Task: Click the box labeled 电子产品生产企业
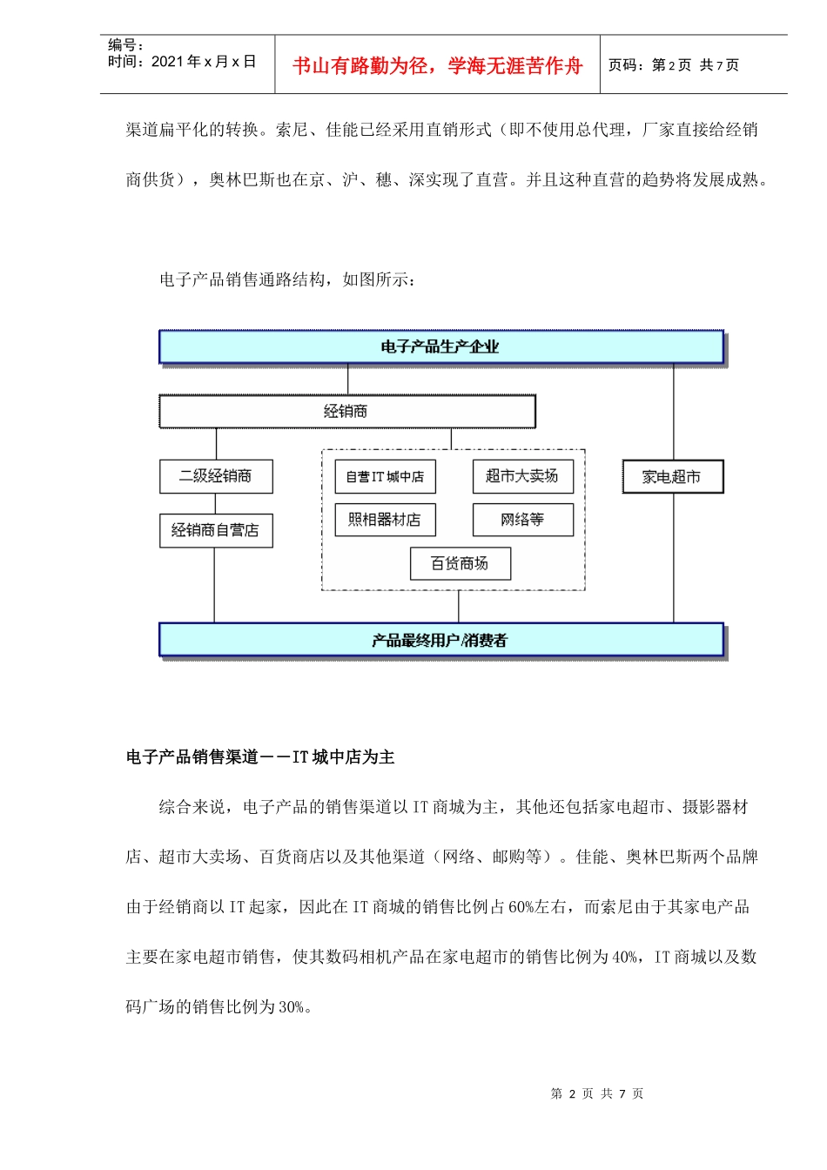click(440, 346)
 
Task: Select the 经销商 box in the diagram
click(346, 412)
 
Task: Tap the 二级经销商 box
click(216, 476)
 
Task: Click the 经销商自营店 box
click(216, 530)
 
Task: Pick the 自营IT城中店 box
click(385, 476)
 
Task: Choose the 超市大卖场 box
click(522, 476)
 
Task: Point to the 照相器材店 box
click(385, 520)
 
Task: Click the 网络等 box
click(522, 520)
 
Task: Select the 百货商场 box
click(460, 563)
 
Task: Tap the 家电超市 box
click(672, 477)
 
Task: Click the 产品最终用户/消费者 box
click(440, 640)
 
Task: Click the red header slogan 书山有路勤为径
click(437, 65)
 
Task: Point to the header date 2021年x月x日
click(204, 62)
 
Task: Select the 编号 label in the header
click(125, 45)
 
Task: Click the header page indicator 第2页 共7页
click(673, 65)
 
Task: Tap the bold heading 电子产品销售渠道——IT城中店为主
click(260, 757)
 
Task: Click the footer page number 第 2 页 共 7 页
click(597, 1093)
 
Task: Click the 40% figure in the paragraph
click(625, 958)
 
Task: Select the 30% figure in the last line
click(292, 1007)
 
